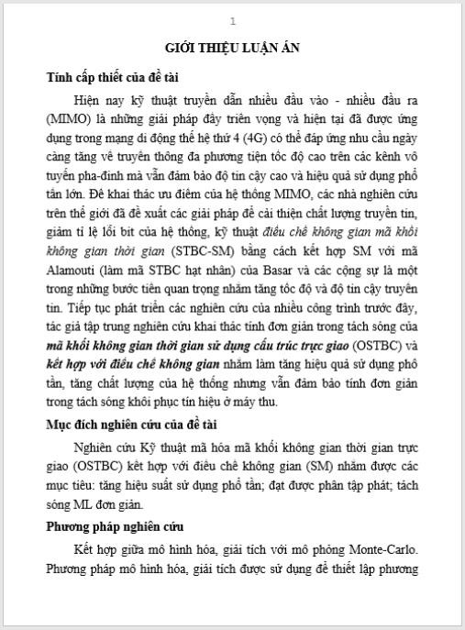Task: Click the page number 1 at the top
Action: click(232, 21)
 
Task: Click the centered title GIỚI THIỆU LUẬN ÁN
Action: click(232, 48)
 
